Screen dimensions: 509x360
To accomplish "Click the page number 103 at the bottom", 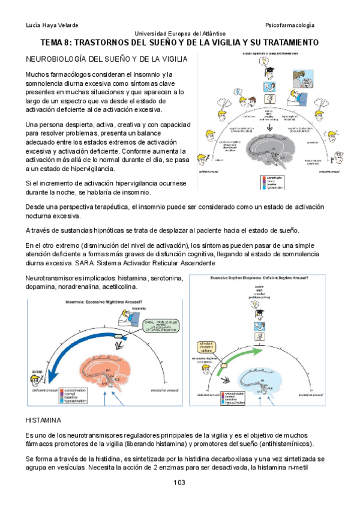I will pos(179,483).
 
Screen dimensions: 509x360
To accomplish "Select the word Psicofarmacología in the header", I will pos(290,25).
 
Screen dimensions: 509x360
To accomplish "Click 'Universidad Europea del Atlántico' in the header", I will pos(180,34).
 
